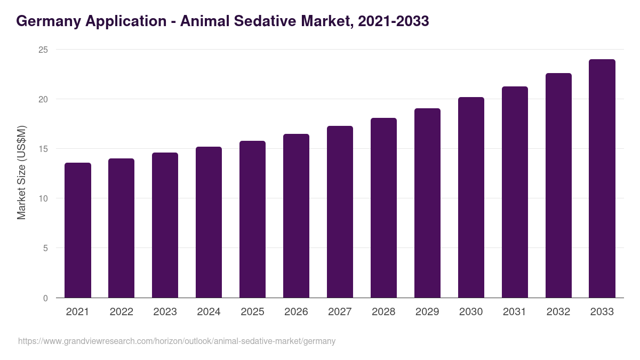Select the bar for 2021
tap(78, 230)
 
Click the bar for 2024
tap(209, 222)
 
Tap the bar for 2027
tap(340, 212)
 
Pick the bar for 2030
tap(471, 197)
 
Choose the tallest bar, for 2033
tap(602, 179)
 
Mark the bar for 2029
tap(427, 203)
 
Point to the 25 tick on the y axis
tap(43, 50)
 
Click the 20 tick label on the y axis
tap(43, 99)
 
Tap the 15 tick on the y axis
tap(43, 149)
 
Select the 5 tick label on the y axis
tap(45, 248)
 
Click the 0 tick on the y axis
tap(45, 298)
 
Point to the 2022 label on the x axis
tap(121, 312)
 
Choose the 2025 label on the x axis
tap(252, 312)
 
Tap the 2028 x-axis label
tap(383, 312)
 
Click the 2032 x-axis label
tap(558, 312)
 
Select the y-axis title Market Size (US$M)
tap(21, 172)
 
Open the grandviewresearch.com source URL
tap(177, 341)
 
